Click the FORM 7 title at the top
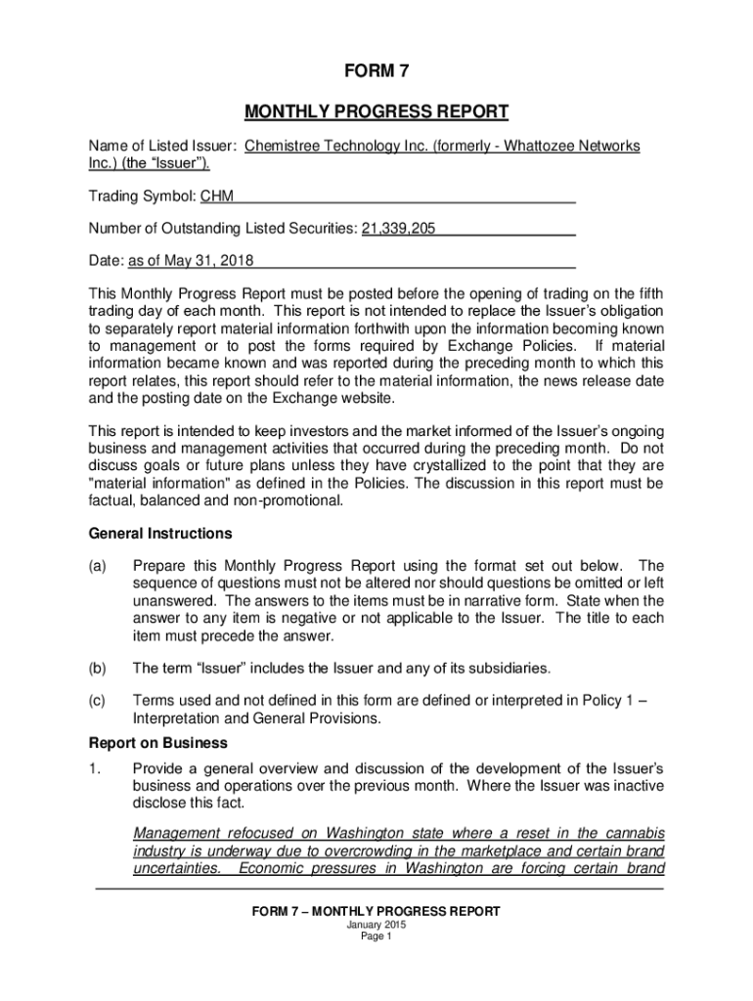coord(376,70)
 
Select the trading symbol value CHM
coord(217,197)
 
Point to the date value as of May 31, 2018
coord(191,261)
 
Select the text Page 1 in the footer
coord(376,936)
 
